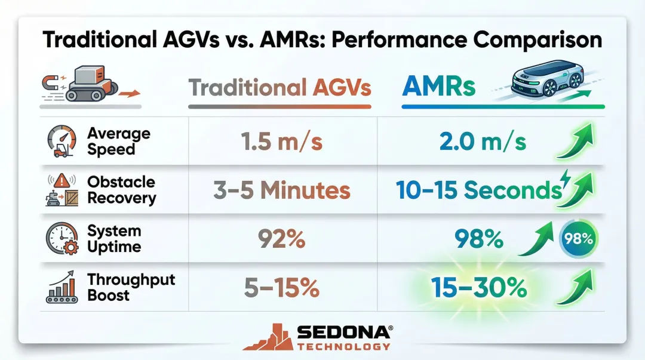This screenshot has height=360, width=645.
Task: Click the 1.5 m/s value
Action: (281, 142)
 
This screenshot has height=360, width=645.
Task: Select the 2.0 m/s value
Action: (481, 142)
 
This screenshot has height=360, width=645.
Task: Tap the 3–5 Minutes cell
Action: (281, 191)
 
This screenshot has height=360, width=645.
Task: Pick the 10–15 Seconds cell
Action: (478, 191)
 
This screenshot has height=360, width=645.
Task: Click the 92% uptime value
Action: (281, 239)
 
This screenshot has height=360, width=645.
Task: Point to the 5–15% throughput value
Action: (281, 288)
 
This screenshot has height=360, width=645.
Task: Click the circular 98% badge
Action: (579, 239)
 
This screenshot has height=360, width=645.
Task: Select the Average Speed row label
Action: (119, 141)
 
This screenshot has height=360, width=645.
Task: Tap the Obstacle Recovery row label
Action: (121, 190)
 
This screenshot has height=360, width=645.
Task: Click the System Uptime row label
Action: (114, 239)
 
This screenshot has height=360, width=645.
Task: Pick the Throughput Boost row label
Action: (131, 287)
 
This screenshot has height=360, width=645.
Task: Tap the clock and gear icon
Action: (62, 240)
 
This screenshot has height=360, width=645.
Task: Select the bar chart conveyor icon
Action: (62, 288)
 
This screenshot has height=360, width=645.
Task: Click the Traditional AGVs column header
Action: (280, 88)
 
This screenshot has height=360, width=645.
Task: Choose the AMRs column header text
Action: (439, 87)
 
